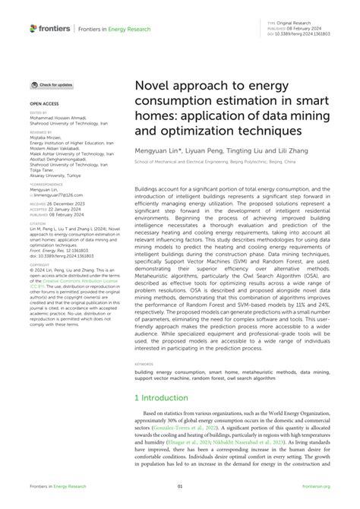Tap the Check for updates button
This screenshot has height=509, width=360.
(x=51, y=85)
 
